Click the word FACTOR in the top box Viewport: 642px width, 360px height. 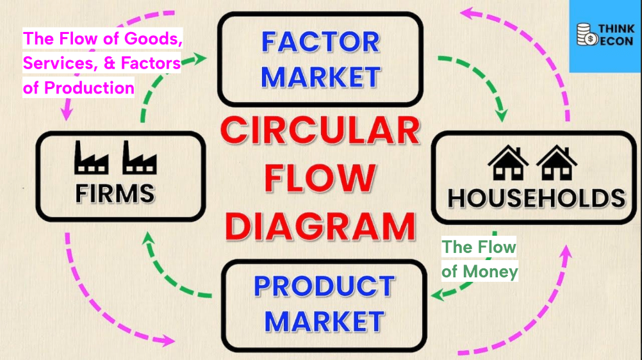pyautogui.click(x=320, y=42)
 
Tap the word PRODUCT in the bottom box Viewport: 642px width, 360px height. pyautogui.click(x=324, y=286)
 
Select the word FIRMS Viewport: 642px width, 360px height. pyautogui.click(x=115, y=193)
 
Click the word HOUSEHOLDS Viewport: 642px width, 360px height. pyautogui.click(x=537, y=198)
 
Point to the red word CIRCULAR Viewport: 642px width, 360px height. pyautogui.click(x=320, y=131)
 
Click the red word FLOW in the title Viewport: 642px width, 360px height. pyautogui.click(x=320, y=178)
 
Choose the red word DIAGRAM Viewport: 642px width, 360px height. pyautogui.click(x=320, y=227)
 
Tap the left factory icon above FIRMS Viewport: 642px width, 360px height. pyautogui.click(x=92, y=158)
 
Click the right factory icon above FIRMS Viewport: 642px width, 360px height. pyautogui.click(x=140, y=158)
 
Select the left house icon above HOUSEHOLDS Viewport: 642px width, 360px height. pyautogui.click(x=508, y=163)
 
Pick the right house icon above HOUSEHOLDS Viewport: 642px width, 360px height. pyautogui.click(x=557, y=163)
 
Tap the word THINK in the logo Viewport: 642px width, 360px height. pyautogui.click(x=616, y=29)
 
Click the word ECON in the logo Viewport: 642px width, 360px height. pyautogui.click(x=616, y=41)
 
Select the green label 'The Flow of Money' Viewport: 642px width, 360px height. pyautogui.click(x=479, y=259)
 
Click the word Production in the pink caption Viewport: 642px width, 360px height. pyautogui.click(x=89, y=88)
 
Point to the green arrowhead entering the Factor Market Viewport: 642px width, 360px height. pyautogui.click(x=200, y=58)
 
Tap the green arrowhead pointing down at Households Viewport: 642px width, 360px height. pyautogui.click(x=501, y=115)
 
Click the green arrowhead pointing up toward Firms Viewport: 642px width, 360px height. pyautogui.click(x=148, y=238)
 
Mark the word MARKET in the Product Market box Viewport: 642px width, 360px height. pyautogui.click(x=324, y=321)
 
